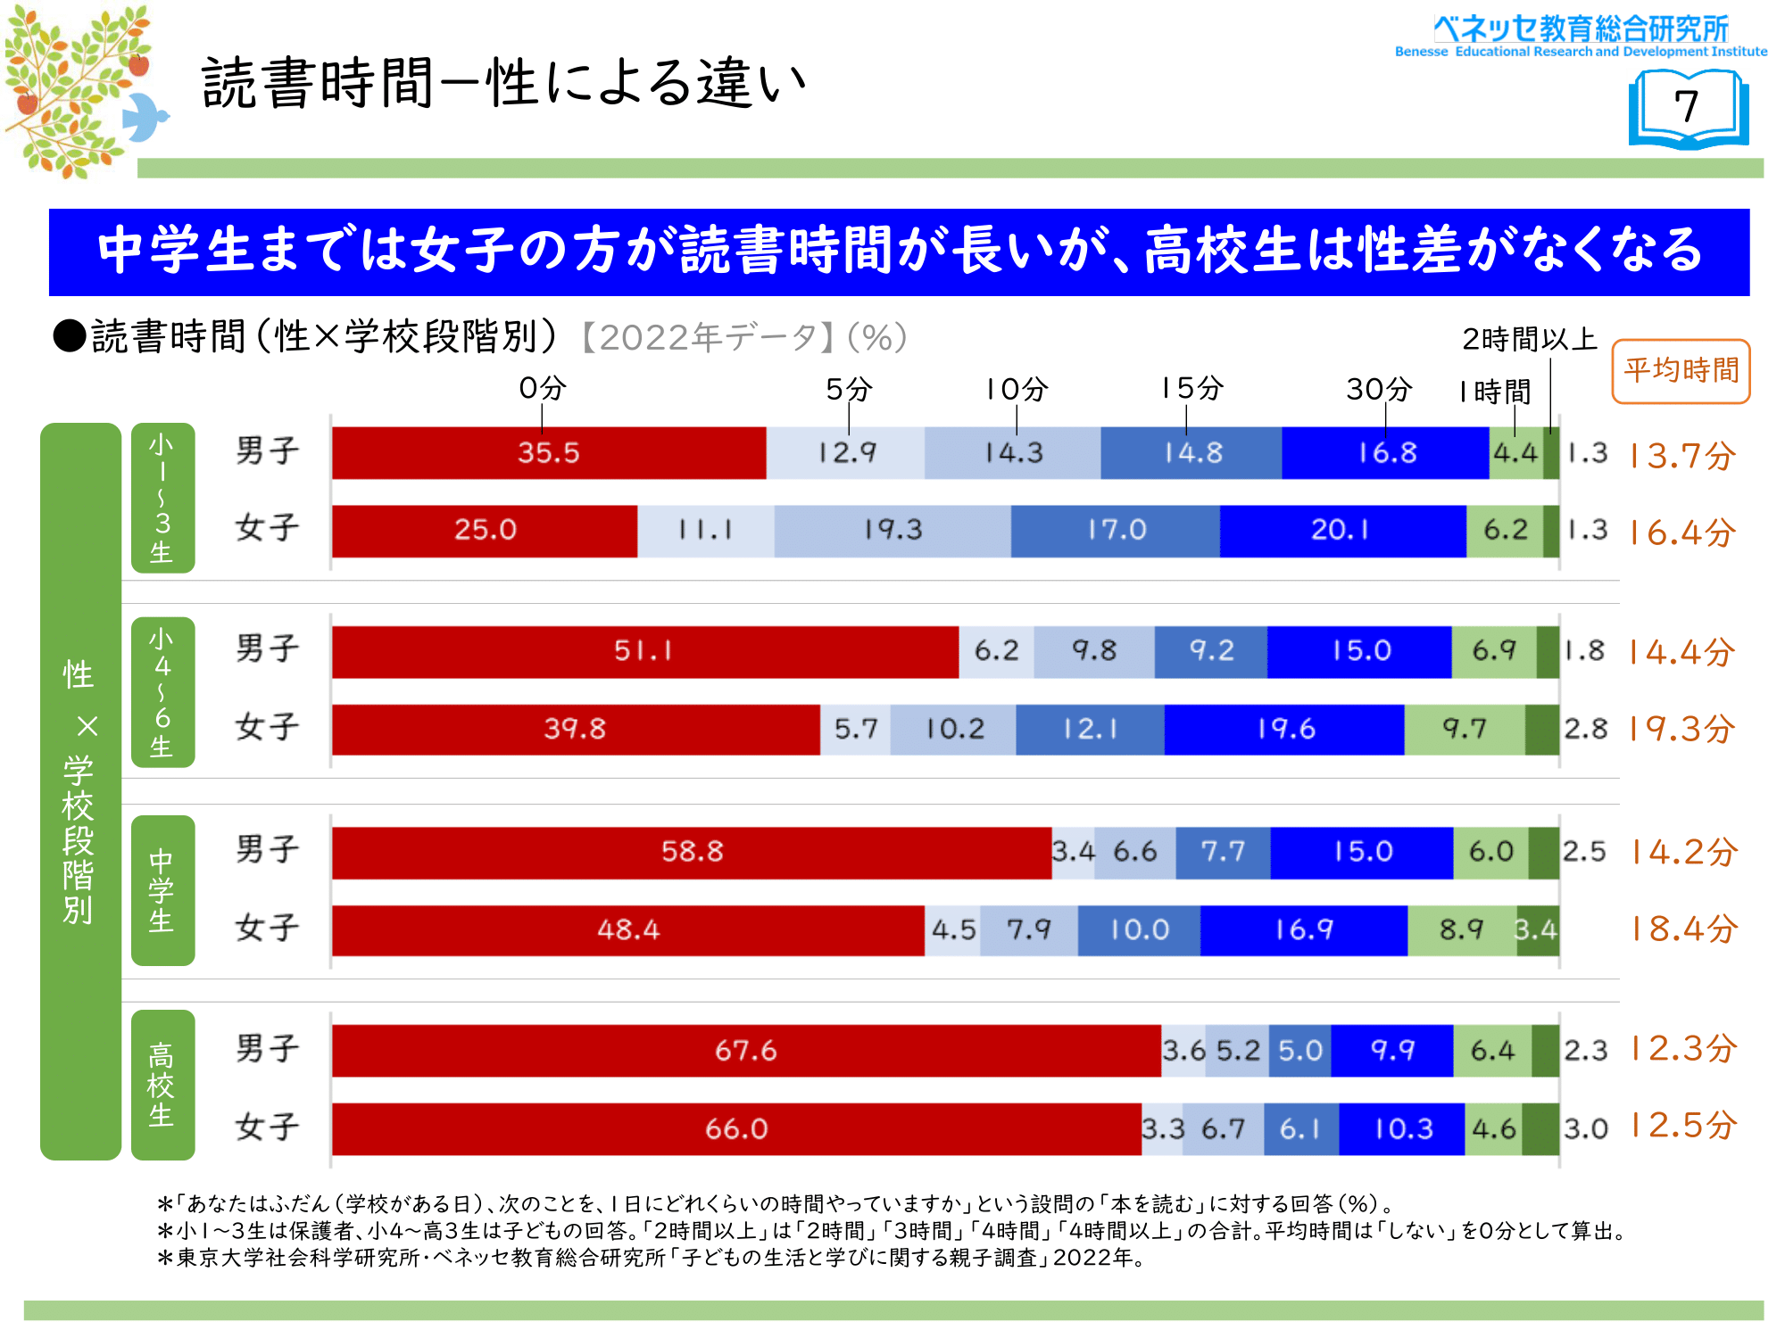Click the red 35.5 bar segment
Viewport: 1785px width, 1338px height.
pyautogui.click(x=548, y=453)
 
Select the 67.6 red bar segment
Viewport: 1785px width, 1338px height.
pyautogui.click(x=745, y=1050)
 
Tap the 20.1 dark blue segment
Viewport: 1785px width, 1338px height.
pyautogui.click(x=1341, y=531)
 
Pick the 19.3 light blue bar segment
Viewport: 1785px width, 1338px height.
pyautogui.click(x=892, y=531)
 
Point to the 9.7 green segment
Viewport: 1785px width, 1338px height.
pyautogui.click(x=1465, y=730)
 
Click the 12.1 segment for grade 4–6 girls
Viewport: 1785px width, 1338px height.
pyautogui.click(x=1090, y=730)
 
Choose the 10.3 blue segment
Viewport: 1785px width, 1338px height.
pyautogui.click(x=1402, y=1129)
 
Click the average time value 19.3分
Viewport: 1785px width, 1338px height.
pyautogui.click(x=1681, y=730)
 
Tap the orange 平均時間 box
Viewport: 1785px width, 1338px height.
pyautogui.click(x=1681, y=371)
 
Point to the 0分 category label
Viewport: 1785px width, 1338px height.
pyautogui.click(x=542, y=388)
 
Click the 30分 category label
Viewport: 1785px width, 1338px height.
pyautogui.click(x=1379, y=389)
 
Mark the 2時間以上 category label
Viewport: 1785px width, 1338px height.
pyautogui.click(x=1529, y=339)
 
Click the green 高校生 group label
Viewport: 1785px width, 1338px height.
pyautogui.click(x=162, y=1085)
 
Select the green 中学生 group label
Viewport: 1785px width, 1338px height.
pyautogui.click(x=162, y=890)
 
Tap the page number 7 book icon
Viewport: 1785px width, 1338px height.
pyautogui.click(x=1688, y=109)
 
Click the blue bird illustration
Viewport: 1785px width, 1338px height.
pyautogui.click(x=144, y=116)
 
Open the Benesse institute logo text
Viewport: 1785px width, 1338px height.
pyautogui.click(x=1581, y=36)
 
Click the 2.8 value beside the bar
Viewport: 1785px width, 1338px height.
pyautogui.click(x=1585, y=730)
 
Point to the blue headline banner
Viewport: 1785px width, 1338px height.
pyautogui.click(x=899, y=252)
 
